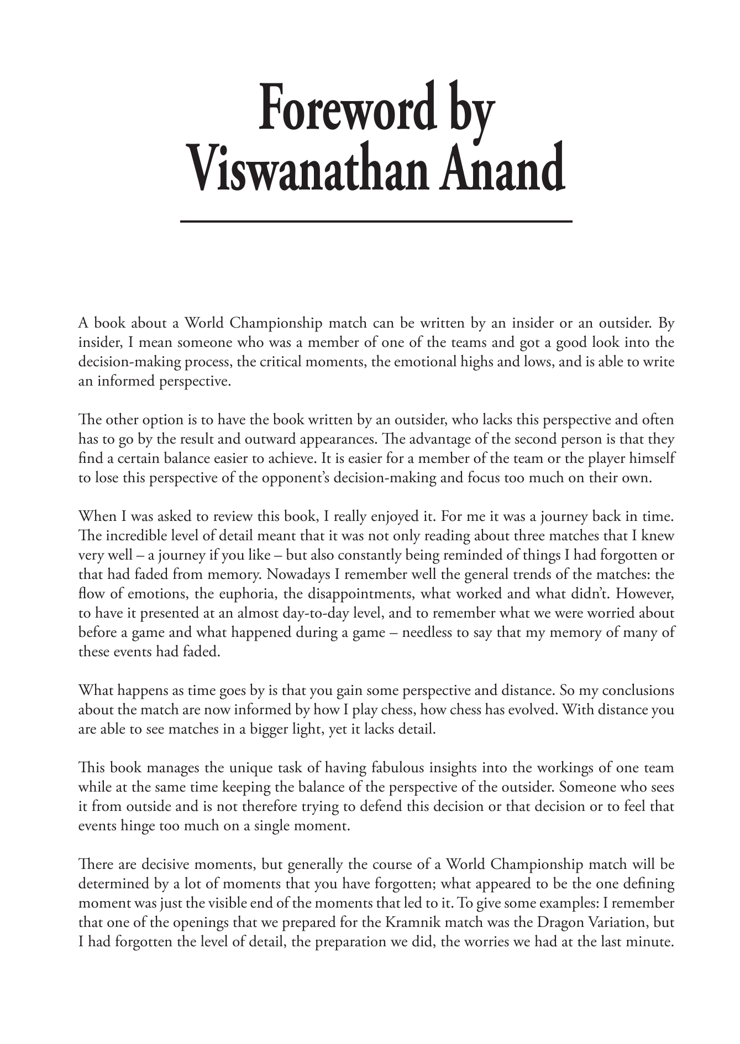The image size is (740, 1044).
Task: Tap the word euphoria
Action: click(x=248, y=594)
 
